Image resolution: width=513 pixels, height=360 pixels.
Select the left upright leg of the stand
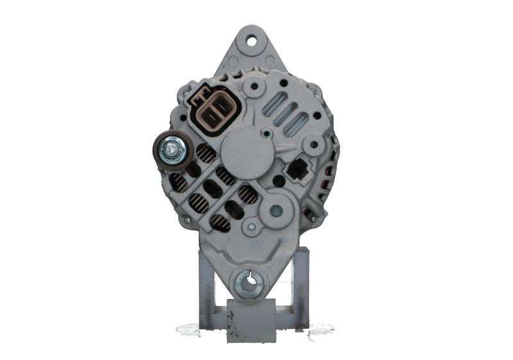[x=205, y=282]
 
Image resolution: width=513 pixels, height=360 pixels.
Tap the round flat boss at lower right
[x=277, y=208]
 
